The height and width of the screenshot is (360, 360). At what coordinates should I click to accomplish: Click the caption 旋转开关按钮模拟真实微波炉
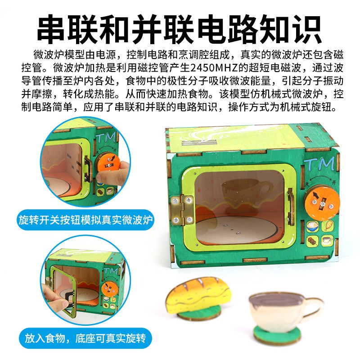86,220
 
